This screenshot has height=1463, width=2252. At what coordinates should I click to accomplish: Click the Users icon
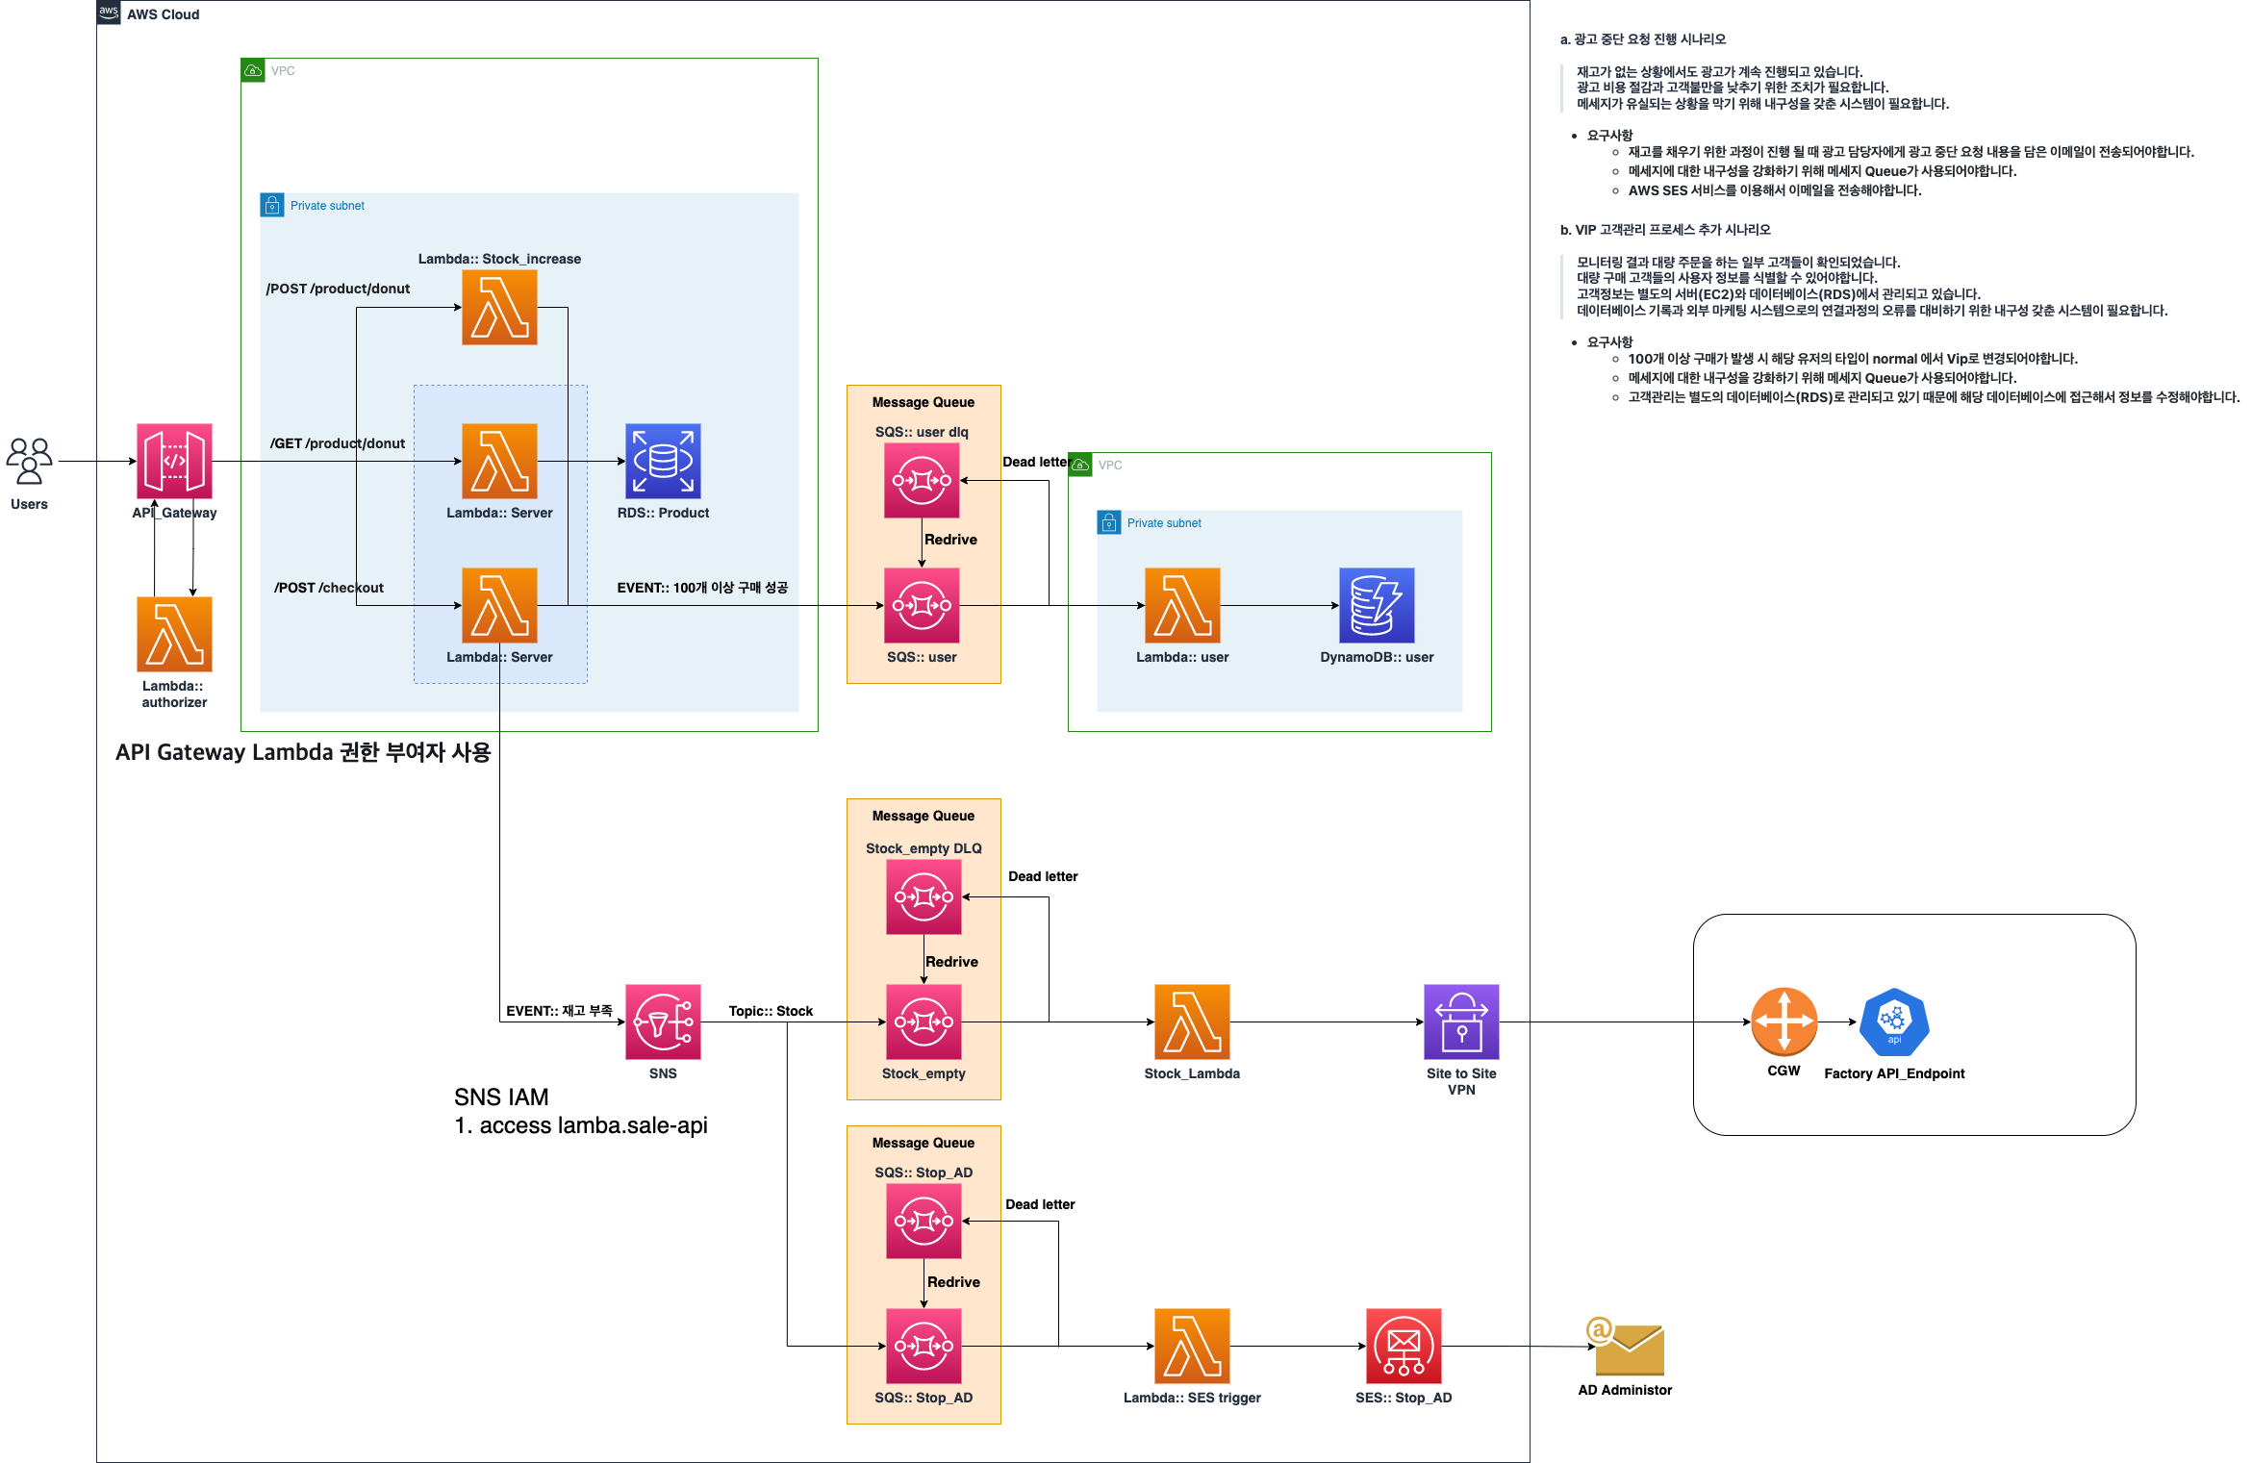[x=29, y=461]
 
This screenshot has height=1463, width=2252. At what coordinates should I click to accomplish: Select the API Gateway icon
[x=174, y=461]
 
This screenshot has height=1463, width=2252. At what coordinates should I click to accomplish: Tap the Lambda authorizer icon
[x=174, y=634]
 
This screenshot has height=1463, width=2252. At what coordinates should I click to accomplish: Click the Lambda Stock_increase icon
[x=499, y=307]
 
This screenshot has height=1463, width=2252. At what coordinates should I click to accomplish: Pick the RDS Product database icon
[x=663, y=461]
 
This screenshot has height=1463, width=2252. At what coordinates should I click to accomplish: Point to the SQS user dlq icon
[x=922, y=480]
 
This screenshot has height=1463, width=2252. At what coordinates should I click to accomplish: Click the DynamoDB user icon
[x=1377, y=605]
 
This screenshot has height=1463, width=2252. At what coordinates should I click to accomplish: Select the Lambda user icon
[x=1182, y=605]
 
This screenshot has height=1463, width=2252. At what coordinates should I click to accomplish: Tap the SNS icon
[x=663, y=1022]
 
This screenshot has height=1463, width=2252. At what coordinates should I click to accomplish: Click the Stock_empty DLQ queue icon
[x=924, y=896]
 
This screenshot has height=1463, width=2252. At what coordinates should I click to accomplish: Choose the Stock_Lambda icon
[x=1192, y=1022]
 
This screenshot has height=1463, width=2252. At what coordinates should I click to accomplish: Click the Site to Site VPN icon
[x=1461, y=1022]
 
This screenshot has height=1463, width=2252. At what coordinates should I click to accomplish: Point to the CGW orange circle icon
[x=1784, y=1022]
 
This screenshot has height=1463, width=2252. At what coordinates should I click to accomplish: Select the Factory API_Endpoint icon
[x=1894, y=1022]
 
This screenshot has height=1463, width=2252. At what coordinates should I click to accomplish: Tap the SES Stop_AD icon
[x=1404, y=1346]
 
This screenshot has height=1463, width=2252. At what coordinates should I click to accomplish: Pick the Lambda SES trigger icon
[x=1192, y=1346]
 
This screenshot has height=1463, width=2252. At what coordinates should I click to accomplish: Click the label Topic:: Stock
[x=771, y=1011]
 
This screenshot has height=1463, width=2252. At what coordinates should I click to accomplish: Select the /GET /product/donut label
[x=338, y=443]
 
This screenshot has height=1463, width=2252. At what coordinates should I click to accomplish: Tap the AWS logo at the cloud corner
[x=109, y=13]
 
